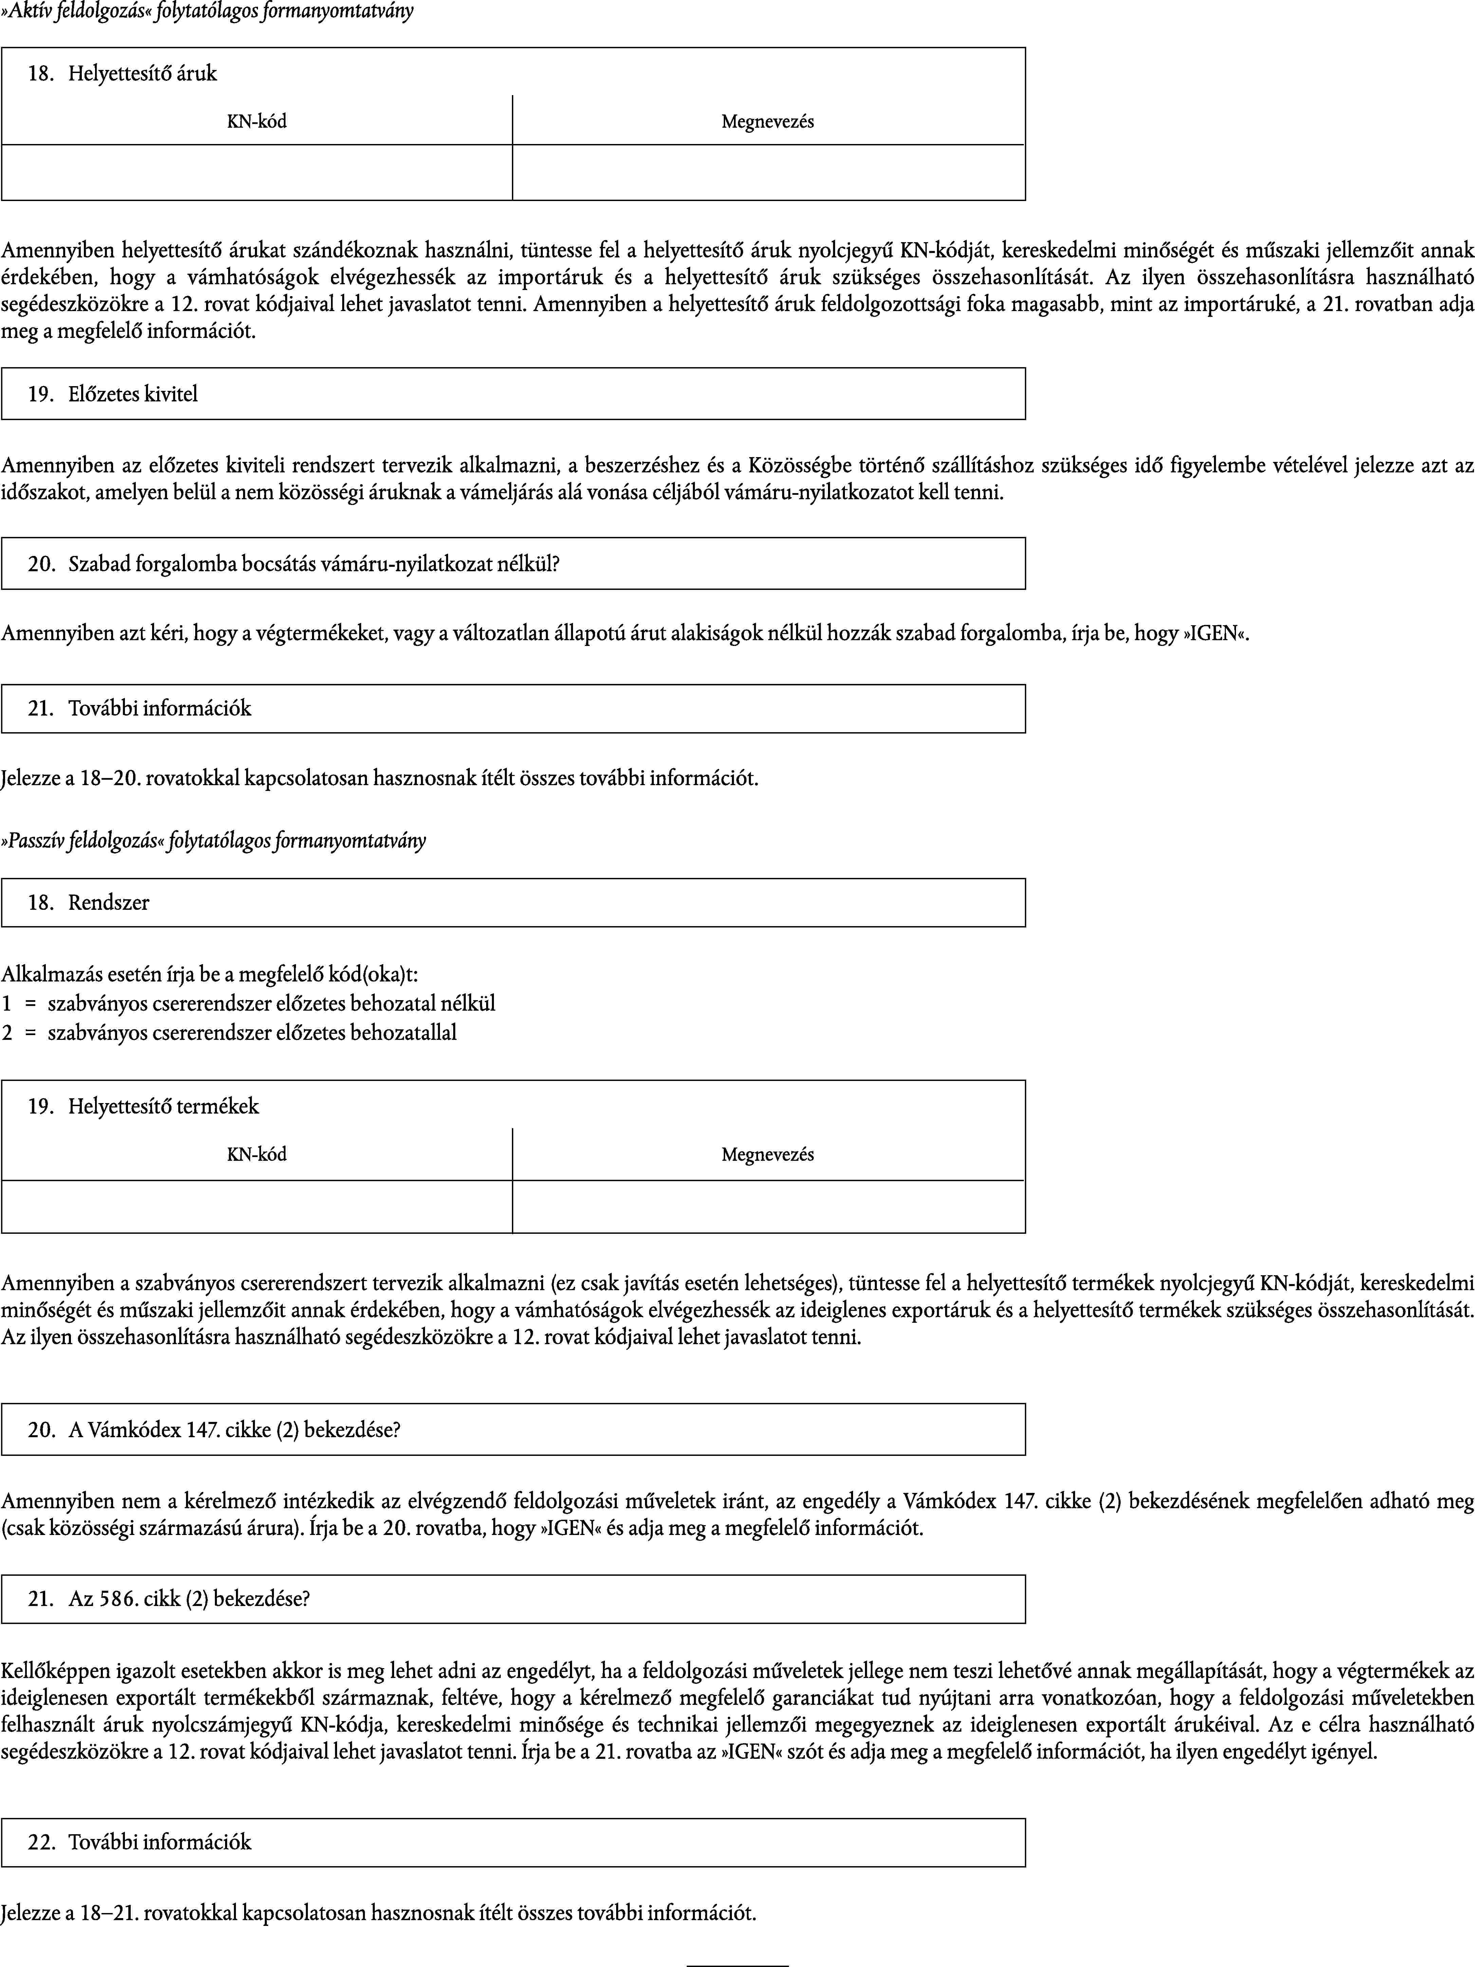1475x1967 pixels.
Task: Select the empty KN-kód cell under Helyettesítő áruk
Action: point(257,173)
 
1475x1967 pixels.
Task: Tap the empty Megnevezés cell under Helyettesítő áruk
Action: point(768,173)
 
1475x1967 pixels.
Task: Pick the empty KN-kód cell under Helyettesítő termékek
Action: point(257,1207)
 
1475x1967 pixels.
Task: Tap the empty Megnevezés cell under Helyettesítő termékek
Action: point(768,1207)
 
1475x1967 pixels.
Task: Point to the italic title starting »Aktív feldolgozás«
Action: point(207,13)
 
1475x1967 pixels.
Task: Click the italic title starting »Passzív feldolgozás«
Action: point(214,840)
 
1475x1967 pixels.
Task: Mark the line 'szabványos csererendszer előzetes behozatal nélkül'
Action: point(271,1004)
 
